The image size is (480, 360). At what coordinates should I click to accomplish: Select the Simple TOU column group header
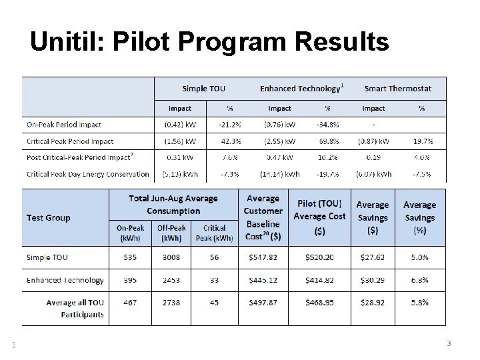(204, 88)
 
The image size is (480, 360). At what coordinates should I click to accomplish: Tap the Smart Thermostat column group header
(398, 88)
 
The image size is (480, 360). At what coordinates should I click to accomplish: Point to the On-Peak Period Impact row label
(64, 125)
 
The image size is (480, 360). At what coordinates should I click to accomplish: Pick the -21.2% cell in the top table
(230, 125)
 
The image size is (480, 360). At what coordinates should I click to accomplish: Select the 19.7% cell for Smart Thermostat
(423, 141)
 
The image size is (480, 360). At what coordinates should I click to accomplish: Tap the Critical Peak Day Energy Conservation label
(88, 174)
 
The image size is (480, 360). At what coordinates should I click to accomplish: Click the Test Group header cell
(48, 218)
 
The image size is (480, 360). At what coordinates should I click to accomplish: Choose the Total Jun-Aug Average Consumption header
(173, 205)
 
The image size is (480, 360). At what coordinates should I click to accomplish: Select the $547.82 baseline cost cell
(263, 257)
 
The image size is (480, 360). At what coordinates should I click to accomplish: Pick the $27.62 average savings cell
(372, 257)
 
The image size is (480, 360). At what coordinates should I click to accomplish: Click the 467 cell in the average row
(130, 303)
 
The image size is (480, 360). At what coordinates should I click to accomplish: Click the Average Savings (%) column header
(419, 217)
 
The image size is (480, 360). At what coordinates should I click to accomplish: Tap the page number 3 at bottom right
(449, 343)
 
